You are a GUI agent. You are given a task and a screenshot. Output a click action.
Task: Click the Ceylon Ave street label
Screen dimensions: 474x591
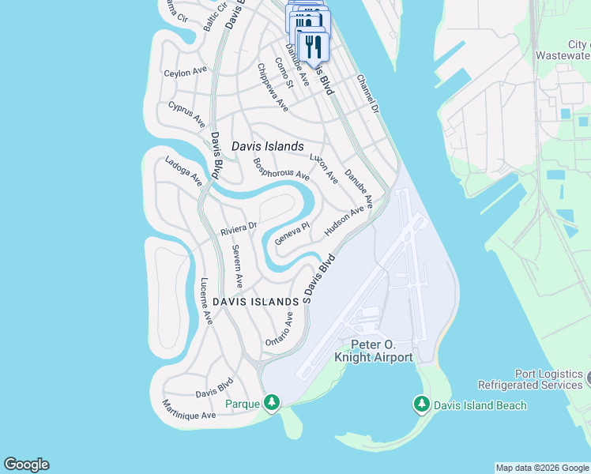(185, 72)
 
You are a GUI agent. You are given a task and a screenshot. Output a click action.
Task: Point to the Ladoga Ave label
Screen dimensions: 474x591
(183, 171)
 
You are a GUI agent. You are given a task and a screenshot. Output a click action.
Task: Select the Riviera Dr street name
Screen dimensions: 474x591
(239, 228)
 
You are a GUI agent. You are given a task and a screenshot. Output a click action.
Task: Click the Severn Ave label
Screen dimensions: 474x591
(237, 266)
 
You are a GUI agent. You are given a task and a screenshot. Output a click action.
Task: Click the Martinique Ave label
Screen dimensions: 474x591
(189, 410)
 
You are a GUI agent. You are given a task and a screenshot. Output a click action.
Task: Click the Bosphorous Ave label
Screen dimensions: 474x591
(280, 167)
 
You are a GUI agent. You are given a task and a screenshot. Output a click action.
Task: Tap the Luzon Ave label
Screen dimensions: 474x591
(324, 168)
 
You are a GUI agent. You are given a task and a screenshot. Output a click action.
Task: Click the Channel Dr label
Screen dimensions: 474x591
(368, 93)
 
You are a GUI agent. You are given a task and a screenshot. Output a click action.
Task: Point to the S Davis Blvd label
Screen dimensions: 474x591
(320, 278)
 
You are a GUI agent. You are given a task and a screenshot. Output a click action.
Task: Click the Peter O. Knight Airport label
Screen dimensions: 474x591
(374, 352)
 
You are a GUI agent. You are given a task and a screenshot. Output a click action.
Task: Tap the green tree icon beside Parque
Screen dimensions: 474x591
(272, 404)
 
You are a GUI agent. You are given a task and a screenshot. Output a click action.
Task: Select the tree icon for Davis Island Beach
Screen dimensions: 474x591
(422, 404)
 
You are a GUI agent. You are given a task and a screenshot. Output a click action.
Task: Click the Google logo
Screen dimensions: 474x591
(26, 465)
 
